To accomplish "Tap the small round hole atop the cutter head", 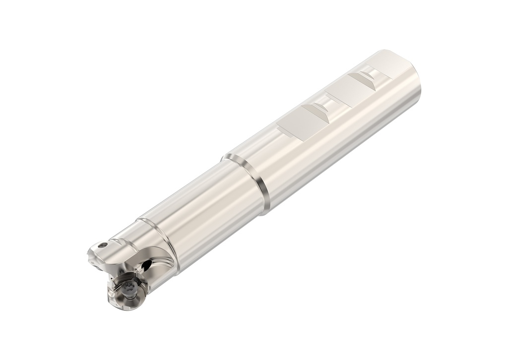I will [103, 244].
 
